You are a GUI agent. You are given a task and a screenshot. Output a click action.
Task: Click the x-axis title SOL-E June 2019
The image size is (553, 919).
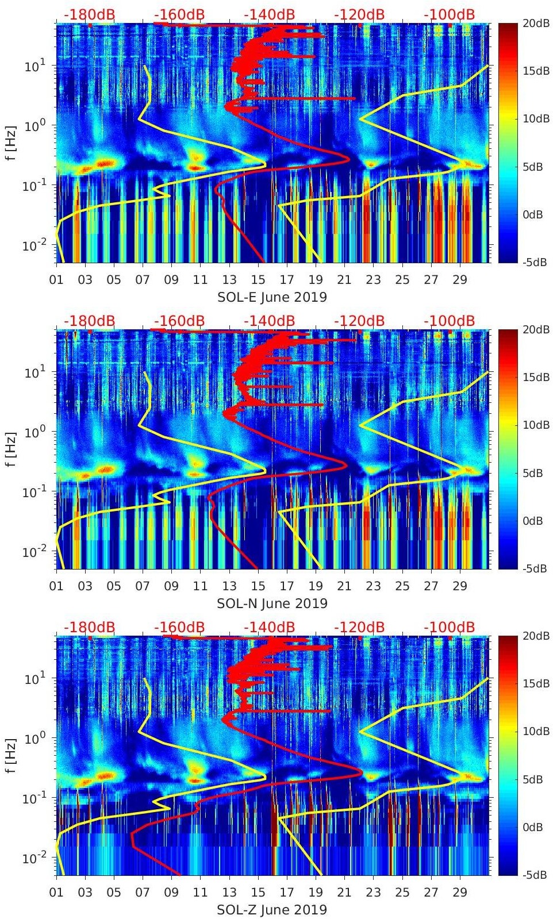coord(272,297)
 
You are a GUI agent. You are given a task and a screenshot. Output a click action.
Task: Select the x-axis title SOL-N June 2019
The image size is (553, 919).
coord(272,603)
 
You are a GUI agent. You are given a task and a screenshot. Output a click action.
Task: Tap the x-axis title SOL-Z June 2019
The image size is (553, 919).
coord(272,910)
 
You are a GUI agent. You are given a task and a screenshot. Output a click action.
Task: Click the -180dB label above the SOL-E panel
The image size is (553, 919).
coord(89,14)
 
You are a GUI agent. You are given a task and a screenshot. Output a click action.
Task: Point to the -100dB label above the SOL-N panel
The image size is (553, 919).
coord(450,321)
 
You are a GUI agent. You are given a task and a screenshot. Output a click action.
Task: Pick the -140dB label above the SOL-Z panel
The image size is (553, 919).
coord(269,627)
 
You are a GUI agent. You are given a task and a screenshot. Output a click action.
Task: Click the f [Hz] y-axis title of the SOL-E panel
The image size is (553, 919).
coord(12,143)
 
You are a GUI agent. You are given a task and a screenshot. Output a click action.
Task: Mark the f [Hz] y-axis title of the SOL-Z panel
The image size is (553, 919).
coord(12,756)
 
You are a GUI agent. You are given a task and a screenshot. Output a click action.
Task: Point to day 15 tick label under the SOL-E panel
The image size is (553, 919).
coord(258,280)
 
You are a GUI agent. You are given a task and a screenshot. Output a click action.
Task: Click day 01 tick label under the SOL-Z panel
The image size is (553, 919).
coord(56,893)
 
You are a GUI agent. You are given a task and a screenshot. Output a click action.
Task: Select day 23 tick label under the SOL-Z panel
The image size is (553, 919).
coord(373,893)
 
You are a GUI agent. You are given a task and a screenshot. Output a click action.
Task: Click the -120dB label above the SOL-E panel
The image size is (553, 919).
coord(359,14)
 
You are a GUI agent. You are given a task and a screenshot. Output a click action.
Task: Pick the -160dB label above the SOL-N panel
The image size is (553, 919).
coord(179,321)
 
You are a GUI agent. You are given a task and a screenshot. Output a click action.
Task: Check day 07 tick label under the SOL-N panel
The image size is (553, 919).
coord(143,586)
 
